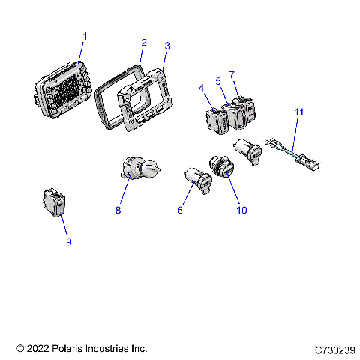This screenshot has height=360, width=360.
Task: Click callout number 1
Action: [85, 36]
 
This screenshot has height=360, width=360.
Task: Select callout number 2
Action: [143, 42]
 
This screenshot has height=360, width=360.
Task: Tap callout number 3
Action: [166, 46]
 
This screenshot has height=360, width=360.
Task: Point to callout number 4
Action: [202, 88]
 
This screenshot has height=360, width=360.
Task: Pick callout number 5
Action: [218, 80]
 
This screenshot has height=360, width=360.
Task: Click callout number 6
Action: [180, 211]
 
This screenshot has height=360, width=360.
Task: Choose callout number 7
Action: [232, 75]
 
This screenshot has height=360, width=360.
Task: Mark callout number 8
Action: [118, 211]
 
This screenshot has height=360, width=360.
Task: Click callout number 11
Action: [298, 112]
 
